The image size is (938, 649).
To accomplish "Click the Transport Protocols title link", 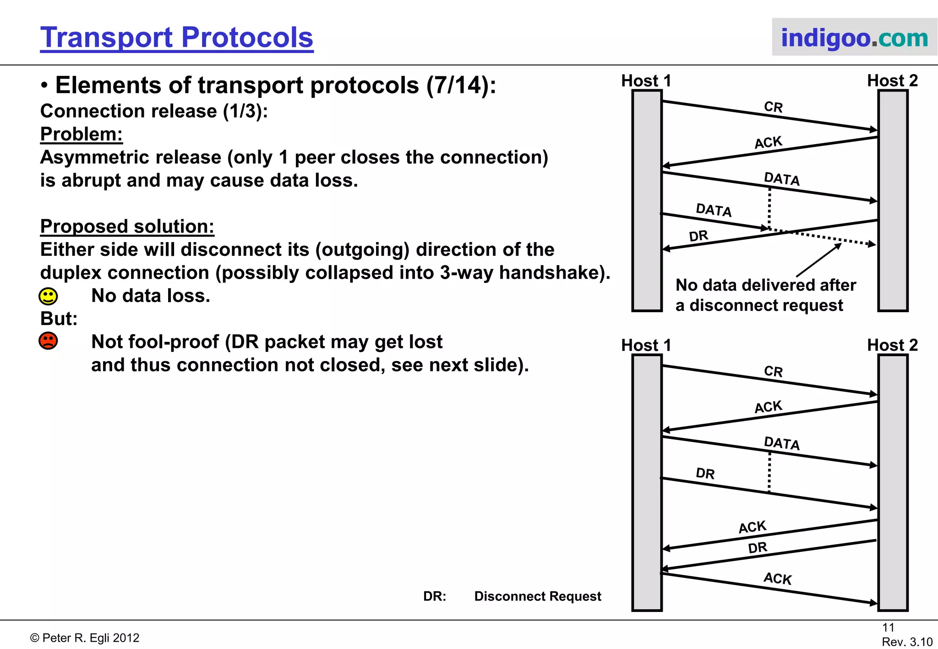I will (x=176, y=38).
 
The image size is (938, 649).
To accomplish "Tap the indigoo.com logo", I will (x=854, y=38).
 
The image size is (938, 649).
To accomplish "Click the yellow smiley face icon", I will (x=48, y=297).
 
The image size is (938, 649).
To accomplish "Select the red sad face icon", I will (x=48, y=341).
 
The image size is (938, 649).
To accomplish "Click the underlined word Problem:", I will (x=82, y=134).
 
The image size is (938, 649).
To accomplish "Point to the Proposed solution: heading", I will (x=127, y=227).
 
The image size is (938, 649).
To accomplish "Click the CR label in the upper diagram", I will (x=774, y=107).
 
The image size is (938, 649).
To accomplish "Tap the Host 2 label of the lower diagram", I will (x=892, y=345).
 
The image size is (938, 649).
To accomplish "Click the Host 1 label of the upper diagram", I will (x=646, y=81).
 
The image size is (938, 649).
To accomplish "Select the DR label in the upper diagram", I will (x=698, y=236).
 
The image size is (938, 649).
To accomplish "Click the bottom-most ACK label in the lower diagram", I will (x=777, y=579).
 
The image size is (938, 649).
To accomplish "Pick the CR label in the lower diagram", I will (x=774, y=371).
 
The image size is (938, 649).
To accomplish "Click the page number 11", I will (x=888, y=627).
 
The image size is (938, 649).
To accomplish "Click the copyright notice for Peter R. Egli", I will (x=85, y=638).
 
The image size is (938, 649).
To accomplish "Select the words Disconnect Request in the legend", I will (x=538, y=596).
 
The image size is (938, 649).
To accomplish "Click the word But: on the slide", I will (x=59, y=319).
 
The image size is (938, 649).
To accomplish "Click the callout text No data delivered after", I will (x=766, y=285).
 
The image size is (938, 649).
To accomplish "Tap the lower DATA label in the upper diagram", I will (x=714, y=210).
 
